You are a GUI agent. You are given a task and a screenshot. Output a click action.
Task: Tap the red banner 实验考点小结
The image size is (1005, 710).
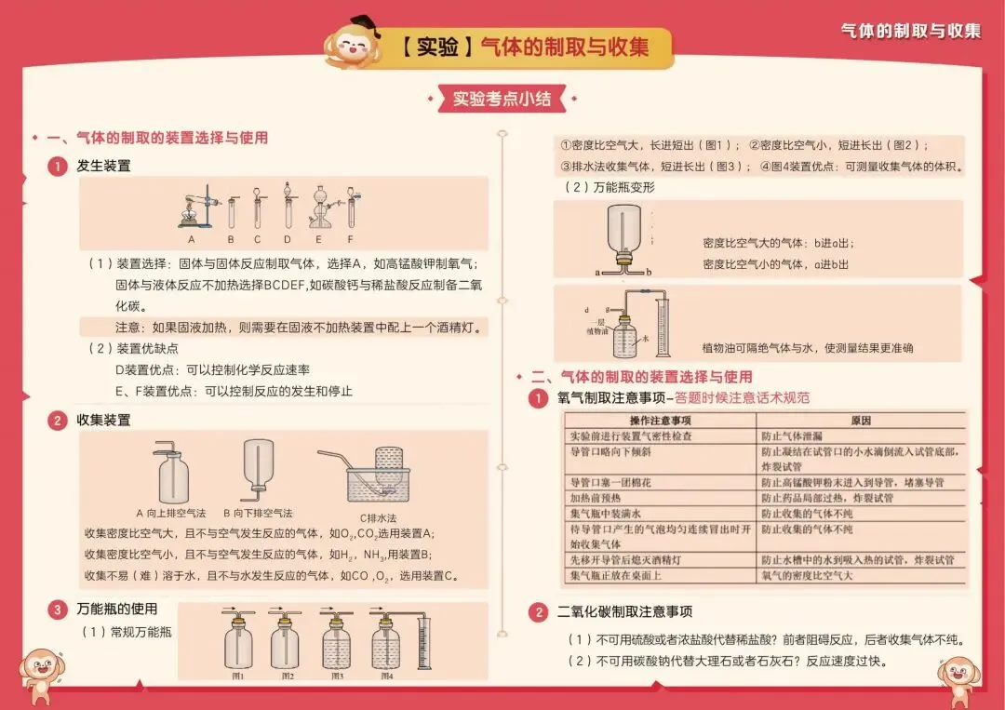[502, 99]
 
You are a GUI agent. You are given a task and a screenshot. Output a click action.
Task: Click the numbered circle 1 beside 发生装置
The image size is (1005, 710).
[58, 167]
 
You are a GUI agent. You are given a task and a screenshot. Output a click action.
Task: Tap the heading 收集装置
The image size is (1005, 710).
[103, 420]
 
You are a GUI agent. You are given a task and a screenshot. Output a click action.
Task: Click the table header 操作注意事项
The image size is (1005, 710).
[660, 421]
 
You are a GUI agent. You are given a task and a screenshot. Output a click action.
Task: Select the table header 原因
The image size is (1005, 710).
[861, 421]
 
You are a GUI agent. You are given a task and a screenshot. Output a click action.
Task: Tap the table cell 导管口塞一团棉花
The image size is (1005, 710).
[610, 483]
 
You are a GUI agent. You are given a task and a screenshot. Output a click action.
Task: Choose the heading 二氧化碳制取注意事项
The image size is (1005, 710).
[624, 611]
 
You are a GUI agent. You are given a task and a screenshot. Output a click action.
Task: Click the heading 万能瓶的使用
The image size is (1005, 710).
[116, 609]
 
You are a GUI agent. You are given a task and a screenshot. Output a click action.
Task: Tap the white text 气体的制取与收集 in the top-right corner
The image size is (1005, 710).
[910, 31]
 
